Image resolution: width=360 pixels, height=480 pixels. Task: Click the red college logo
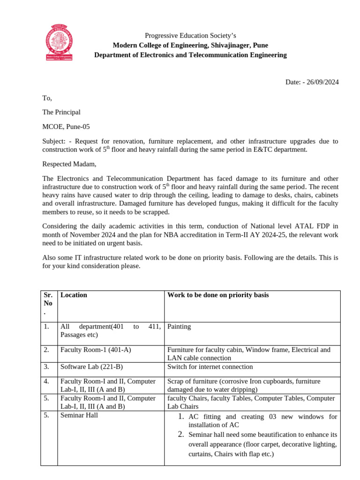[x=60, y=42]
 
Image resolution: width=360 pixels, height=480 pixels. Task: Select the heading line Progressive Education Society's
[x=190, y=36]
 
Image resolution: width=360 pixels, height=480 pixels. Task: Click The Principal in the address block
[x=61, y=112]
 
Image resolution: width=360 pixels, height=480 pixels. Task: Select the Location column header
[x=74, y=295]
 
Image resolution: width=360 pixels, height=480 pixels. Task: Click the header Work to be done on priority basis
[x=218, y=295]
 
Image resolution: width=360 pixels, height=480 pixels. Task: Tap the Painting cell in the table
[x=179, y=326]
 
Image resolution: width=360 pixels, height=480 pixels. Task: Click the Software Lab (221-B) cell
[x=92, y=367]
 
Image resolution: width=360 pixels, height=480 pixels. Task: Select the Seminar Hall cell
[x=79, y=415]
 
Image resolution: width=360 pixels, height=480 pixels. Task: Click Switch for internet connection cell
[x=210, y=367]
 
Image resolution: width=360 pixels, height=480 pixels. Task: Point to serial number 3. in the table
[x=46, y=367]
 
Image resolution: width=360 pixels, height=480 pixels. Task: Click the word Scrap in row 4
[x=176, y=381]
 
